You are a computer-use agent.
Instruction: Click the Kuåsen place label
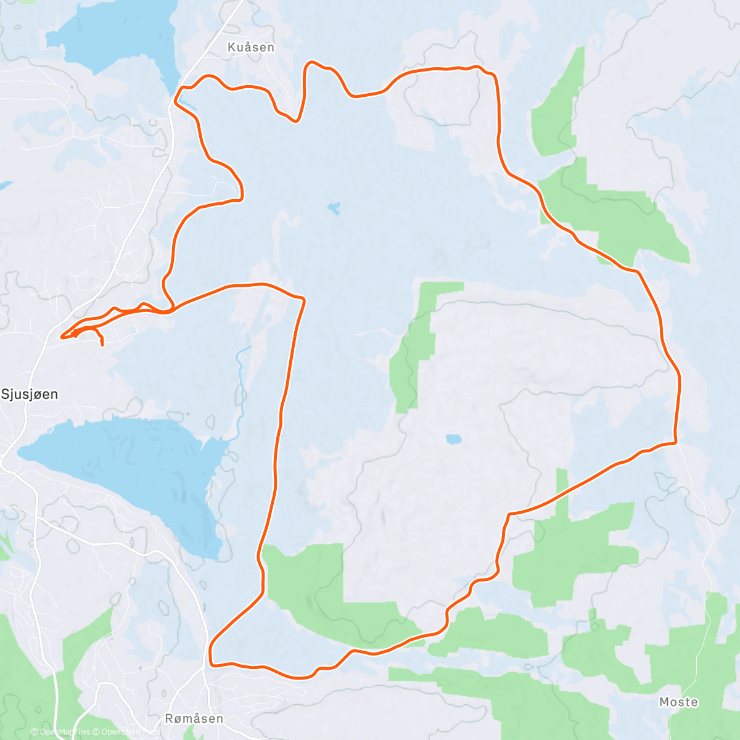click(251, 47)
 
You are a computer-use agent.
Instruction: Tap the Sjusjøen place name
click(30, 394)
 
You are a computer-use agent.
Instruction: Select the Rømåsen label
click(194, 718)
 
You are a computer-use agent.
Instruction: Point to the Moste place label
click(679, 702)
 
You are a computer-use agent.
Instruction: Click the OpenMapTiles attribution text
click(60, 732)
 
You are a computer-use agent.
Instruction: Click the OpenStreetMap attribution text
click(128, 732)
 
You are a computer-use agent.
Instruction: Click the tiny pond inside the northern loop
click(334, 208)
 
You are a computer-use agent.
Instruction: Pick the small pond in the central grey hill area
click(453, 439)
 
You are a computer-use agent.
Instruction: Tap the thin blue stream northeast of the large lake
click(241, 382)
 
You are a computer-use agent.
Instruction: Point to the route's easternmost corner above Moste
click(676, 442)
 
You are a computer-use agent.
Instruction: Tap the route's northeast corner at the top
click(493, 75)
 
